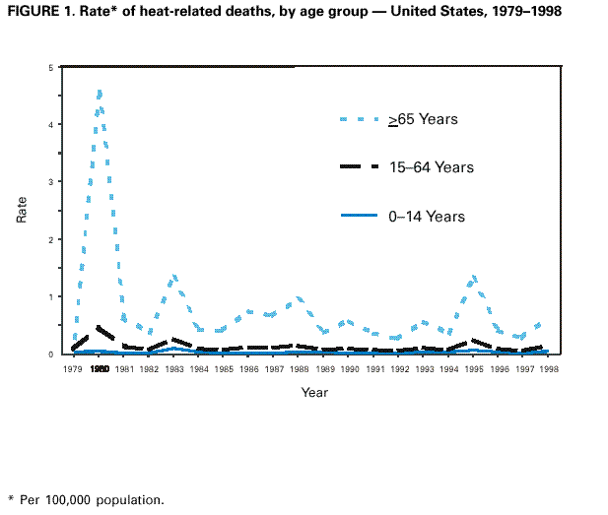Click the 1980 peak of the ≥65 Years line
click(99, 92)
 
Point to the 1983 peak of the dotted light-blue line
click(174, 277)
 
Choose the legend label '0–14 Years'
click(425, 216)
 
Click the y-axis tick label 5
click(51, 68)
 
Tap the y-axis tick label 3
click(51, 182)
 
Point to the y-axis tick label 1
click(51, 296)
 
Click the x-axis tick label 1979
click(73, 368)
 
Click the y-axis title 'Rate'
click(23, 210)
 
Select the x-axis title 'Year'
click(315, 392)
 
